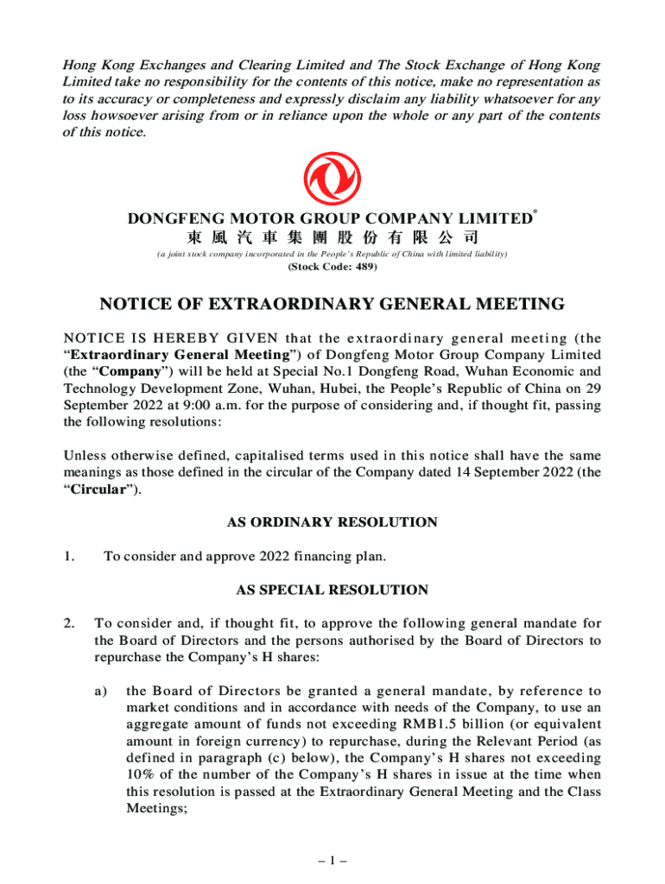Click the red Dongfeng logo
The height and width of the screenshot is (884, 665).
point(332,179)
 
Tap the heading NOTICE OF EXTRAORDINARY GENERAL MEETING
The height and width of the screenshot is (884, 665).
point(332,304)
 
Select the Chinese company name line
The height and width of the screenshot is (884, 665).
point(332,237)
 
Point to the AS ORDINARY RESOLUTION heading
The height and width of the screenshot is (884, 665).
point(332,522)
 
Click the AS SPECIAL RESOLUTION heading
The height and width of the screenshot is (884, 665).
point(332,590)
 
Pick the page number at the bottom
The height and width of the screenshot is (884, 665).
point(332,861)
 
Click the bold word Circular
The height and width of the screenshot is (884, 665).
point(98,489)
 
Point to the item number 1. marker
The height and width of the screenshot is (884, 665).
point(69,557)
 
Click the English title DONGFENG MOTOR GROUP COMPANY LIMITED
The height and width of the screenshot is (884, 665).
point(329,219)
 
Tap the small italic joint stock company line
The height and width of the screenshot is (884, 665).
point(332,254)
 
